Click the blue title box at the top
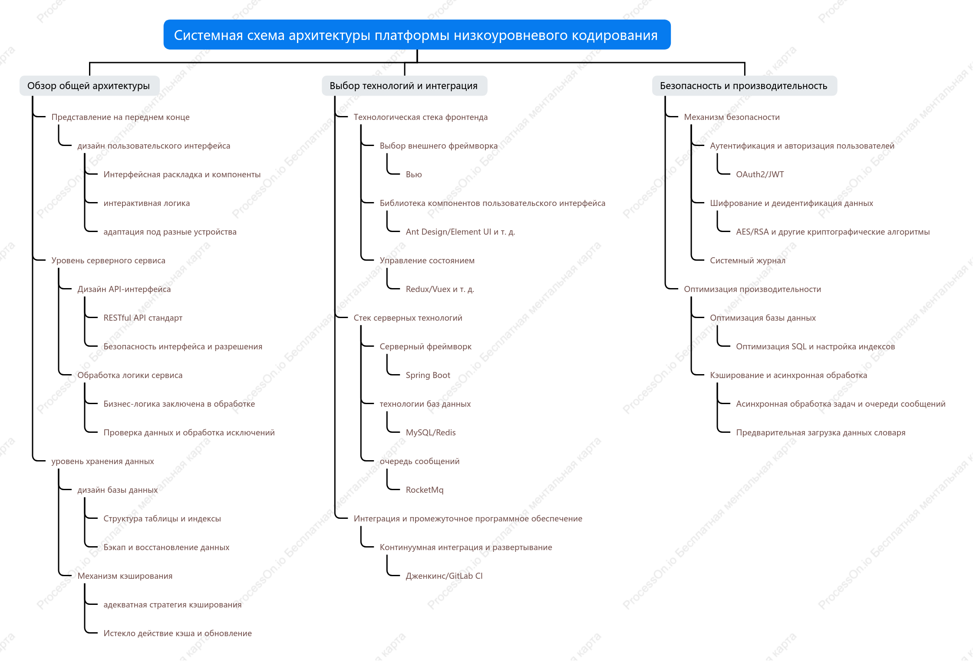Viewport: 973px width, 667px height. (417, 35)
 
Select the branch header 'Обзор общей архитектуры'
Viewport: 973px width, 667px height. (89, 86)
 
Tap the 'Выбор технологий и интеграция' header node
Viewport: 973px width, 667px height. (404, 86)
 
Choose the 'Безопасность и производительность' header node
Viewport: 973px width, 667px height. (744, 86)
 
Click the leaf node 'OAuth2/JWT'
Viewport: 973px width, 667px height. (760, 174)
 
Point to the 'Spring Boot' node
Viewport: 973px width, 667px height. (428, 375)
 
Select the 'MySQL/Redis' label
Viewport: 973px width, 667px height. (430, 432)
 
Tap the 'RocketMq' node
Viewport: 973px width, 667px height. (424, 490)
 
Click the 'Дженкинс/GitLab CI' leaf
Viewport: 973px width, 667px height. (444, 576)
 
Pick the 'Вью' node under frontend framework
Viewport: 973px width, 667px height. (413, 174)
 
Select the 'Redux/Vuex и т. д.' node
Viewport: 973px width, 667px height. (439, 289)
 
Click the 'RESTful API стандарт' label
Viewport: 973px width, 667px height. (143, 318)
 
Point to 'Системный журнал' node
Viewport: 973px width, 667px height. (747, 260)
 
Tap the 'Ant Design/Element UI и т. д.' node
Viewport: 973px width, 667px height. (460, 232)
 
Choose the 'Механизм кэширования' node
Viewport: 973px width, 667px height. (125, 576)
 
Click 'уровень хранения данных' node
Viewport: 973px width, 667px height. (102, 461)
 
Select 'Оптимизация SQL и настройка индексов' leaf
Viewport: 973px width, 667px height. (815, 346)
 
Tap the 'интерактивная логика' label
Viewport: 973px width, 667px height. (146, 203)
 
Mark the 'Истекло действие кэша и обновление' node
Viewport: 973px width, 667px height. (177, 633)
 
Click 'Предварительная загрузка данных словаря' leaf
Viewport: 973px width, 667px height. (820, 432)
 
